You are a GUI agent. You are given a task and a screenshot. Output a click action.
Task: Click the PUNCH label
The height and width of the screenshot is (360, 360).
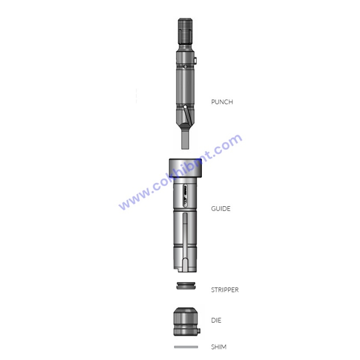(222, 102)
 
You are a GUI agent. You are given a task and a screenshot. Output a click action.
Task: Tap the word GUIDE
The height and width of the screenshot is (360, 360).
(220, 209)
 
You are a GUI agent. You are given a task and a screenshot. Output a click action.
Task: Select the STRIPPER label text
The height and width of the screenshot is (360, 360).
(225, 290)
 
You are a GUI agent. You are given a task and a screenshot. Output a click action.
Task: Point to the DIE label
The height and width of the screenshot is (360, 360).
(216, 321)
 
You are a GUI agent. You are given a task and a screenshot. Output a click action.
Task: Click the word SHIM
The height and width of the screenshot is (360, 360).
(218, 347)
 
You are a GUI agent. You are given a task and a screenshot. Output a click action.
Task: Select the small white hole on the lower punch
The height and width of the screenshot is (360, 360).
(185, 107)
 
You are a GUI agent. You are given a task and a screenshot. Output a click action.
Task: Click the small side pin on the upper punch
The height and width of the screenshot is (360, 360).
(195, 61)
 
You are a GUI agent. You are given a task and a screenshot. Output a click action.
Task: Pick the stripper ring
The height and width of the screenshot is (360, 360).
(186, 286)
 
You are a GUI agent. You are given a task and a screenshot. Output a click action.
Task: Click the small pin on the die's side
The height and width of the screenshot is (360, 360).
(200, 332)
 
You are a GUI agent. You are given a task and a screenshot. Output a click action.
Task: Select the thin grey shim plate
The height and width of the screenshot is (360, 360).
(186, 347)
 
